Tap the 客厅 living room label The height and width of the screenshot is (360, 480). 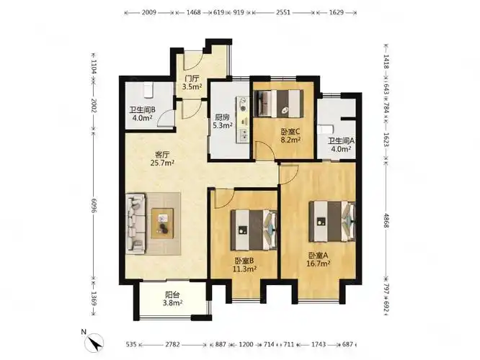[x=162, y=154]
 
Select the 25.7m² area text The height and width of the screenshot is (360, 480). [x=162, y=163]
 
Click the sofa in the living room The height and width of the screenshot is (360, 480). [x=135, y=223]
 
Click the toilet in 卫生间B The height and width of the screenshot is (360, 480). [x=148, y=90]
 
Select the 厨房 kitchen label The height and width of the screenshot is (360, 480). [x=222, y=117]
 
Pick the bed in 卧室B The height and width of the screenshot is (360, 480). [x=254, y=230]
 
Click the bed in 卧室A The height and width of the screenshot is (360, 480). [x=332, y=221]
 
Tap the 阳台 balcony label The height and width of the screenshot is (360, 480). [x=172, y=295]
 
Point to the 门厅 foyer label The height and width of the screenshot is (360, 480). [x=192, y=79]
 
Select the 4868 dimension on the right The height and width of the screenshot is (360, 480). [x=386, y=220]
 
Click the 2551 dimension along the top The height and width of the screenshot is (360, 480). [x=283, y=12]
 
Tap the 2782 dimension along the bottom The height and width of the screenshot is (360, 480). [x=173, y=345]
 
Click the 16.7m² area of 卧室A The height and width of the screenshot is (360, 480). [x=319, y=264]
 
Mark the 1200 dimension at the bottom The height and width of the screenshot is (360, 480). [x=246, y=345]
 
